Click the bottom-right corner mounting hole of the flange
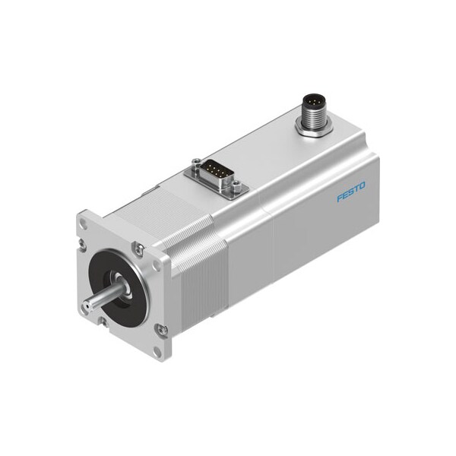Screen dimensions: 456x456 pyautogui.click(x=159, y=350)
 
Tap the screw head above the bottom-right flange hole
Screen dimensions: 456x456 pyautogui.click(x=161, y=329)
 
